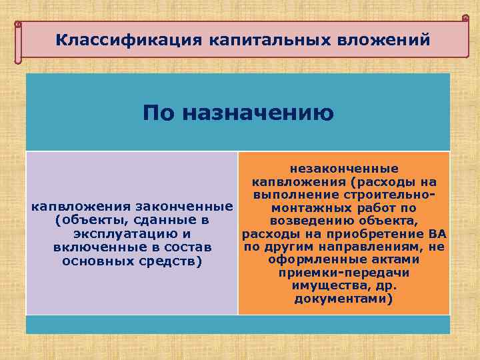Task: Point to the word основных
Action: point(95,261)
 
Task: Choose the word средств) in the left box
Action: point(167,261)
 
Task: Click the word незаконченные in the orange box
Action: point(344,169)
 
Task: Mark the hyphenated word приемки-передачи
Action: point(344,273)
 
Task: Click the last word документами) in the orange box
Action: point(344,300)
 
